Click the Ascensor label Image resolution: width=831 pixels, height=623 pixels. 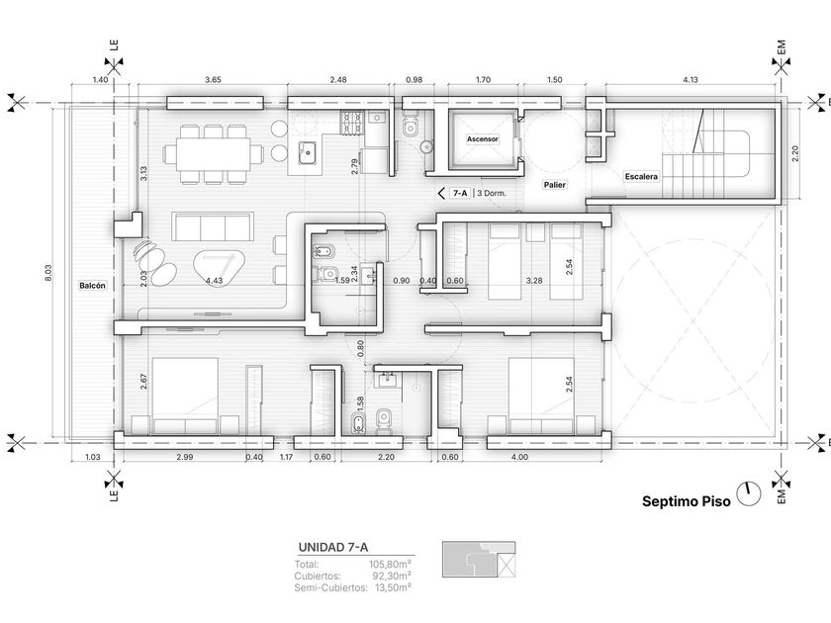click(483, 139)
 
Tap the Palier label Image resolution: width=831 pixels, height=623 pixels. click(554, 185)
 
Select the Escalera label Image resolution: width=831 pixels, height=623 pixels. click(641, 176)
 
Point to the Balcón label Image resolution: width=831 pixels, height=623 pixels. click(93, 286)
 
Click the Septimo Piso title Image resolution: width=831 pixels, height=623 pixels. click(687, 501)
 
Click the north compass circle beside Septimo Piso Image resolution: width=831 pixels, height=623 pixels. click(749, 493)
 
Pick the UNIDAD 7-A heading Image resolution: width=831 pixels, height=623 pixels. click(333, 547)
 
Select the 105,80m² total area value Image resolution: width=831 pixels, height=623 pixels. click(391, 565)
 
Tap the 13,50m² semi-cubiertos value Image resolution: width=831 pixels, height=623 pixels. click(394, 587)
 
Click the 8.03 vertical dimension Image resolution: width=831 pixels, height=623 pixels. click(48, 272)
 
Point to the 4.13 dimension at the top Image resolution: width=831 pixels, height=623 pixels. click(691, 80)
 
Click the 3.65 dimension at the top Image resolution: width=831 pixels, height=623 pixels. click(213, 80)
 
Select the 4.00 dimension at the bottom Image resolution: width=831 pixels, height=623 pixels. click(520, 457)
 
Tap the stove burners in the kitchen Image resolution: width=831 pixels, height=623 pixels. click(352, 123)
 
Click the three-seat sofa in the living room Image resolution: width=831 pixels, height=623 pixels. click(213, 226)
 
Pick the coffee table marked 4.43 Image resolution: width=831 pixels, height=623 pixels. click(220, 269)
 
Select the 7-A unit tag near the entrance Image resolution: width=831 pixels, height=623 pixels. click(460, 194)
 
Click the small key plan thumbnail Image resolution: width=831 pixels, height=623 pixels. click(479, 560)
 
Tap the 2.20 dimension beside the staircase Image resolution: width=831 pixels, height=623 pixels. click(794, 153)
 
